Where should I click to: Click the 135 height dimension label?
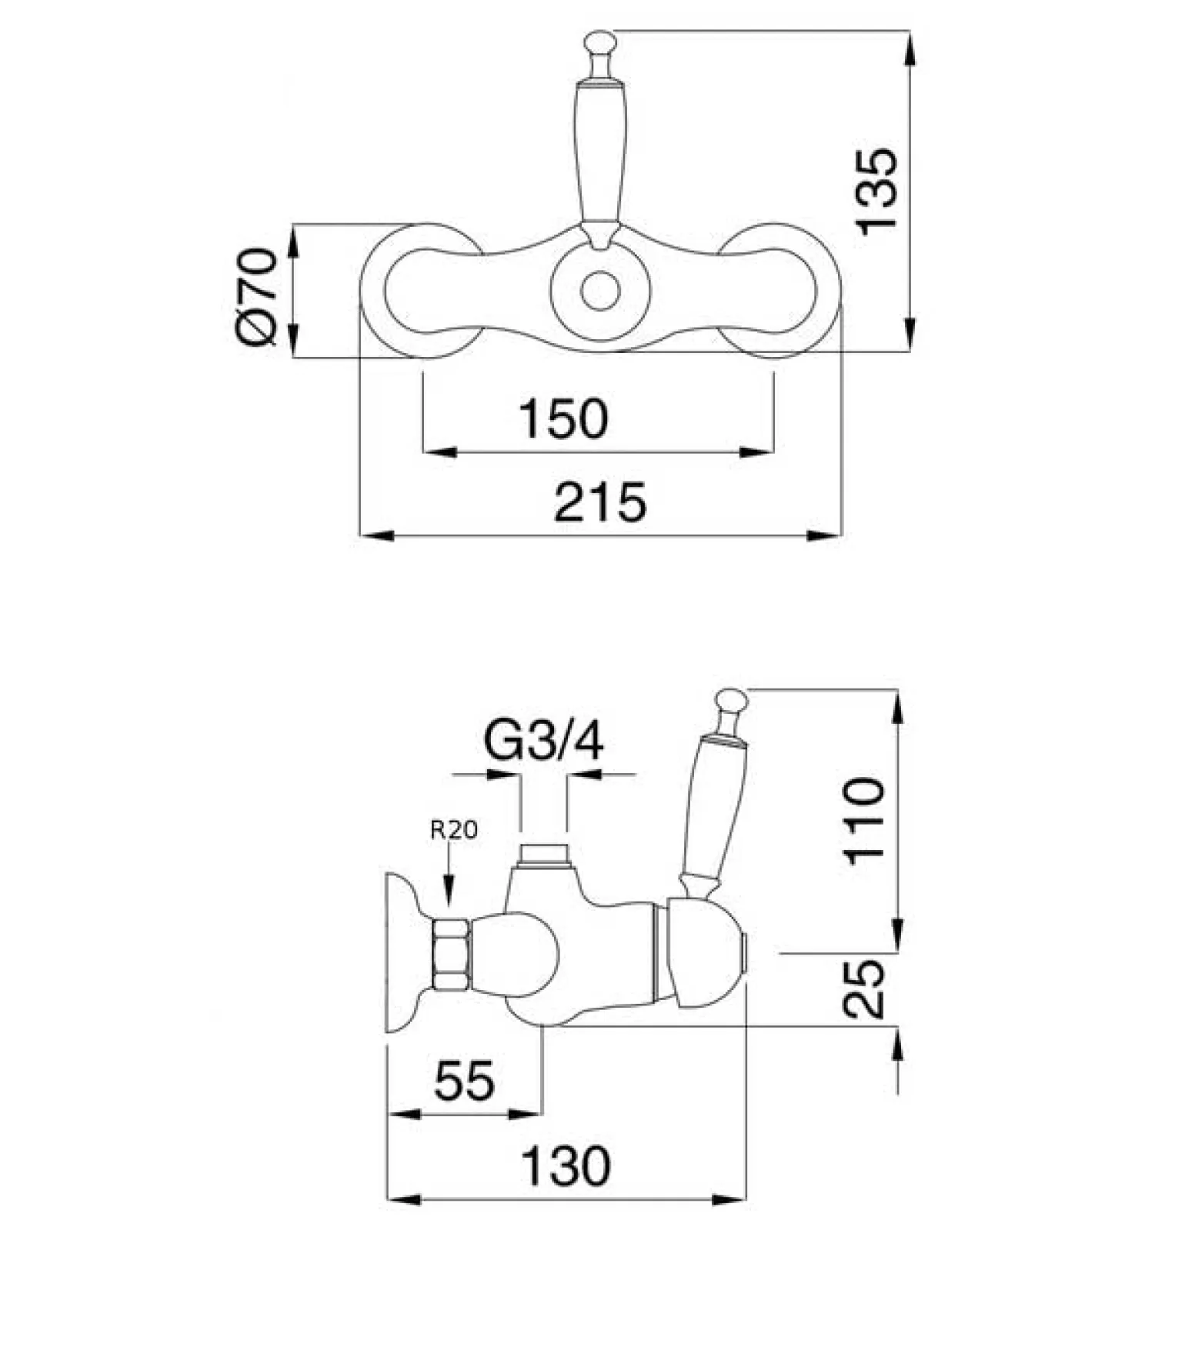click(876, 191)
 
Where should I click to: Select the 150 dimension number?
click(563, 418)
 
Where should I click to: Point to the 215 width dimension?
click(600, 502)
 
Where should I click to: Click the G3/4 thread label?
click(543, 739)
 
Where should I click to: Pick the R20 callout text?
click(453, 829)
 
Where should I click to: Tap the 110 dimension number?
click(865, 822)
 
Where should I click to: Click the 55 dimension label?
click(464, 1080)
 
